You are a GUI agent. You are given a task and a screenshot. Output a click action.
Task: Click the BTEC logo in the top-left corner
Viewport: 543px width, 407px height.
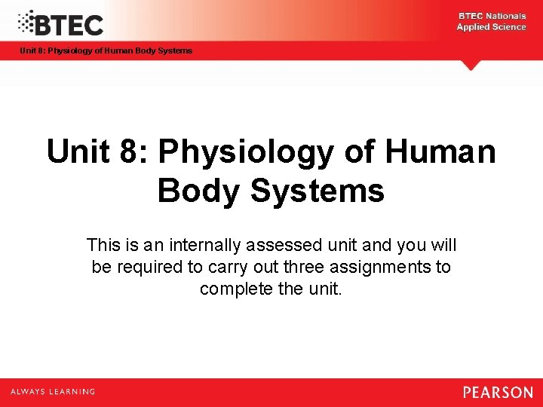click(60, 23)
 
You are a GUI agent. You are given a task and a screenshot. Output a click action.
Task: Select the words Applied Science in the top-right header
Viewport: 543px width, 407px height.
click(491, 27)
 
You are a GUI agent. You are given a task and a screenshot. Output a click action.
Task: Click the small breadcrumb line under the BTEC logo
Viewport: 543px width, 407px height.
click(106, 50)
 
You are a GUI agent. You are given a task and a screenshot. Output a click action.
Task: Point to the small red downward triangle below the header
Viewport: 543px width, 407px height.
click(471, 66)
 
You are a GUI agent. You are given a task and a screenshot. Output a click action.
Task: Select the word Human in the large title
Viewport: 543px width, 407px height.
click(440, 152)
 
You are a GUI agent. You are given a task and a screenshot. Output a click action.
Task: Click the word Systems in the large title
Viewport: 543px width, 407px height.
click(318, 191)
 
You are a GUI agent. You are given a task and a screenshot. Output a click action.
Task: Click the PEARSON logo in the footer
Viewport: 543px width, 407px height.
click(498, 392)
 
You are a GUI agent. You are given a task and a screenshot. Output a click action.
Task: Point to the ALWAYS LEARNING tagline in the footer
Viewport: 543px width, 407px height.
click(53, 392)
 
